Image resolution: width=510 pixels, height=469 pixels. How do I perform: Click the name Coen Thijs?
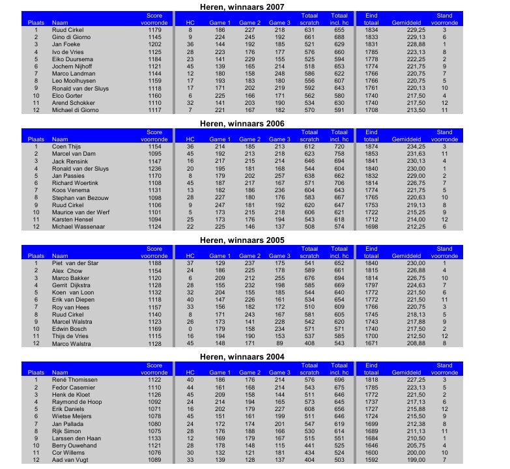[x=65, y=147]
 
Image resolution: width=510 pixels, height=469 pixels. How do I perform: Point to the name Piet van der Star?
[x=74, y=263]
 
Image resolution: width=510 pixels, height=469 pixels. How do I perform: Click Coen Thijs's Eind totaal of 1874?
[x=371, y=147]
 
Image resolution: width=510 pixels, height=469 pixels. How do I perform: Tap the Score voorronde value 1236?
[x=154, y=168]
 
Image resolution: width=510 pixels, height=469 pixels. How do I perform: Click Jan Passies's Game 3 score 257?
[x=279, y=175]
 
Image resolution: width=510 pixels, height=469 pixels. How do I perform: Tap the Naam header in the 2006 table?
[x=60, y=139]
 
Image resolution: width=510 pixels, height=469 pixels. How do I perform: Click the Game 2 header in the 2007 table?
[x=249, y=23]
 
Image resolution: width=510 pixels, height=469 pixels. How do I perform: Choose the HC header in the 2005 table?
[x=191, y=256]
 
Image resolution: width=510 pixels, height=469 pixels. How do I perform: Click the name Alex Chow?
[x=67, y=270]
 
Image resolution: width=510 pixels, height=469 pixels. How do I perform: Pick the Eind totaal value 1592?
[x=371, y=461]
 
